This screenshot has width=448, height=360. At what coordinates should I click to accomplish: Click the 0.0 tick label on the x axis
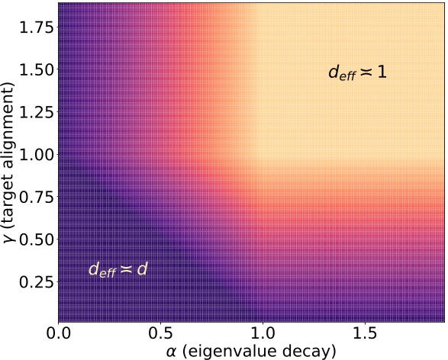[58, 334]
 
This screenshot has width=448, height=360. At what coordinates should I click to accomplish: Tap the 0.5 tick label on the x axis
[161, 334]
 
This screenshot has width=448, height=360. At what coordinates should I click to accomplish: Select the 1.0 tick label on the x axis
[263, 334]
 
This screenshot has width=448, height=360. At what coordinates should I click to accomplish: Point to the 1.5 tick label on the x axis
[366, 334]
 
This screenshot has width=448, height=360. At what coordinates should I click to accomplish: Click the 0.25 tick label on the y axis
[35, 282]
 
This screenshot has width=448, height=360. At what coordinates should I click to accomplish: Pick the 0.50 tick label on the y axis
[35, 239]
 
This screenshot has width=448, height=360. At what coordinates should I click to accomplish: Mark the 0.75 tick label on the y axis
[35, 197]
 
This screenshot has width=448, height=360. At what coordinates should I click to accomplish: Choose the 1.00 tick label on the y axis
[35, 154]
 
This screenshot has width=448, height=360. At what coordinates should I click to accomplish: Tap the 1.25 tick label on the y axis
[35, 111]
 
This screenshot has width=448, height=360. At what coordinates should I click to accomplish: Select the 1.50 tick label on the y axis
[35, 69]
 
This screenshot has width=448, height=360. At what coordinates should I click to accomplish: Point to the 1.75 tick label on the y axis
[35, 26]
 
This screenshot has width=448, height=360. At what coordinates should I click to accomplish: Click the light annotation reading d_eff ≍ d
[118, 268]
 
